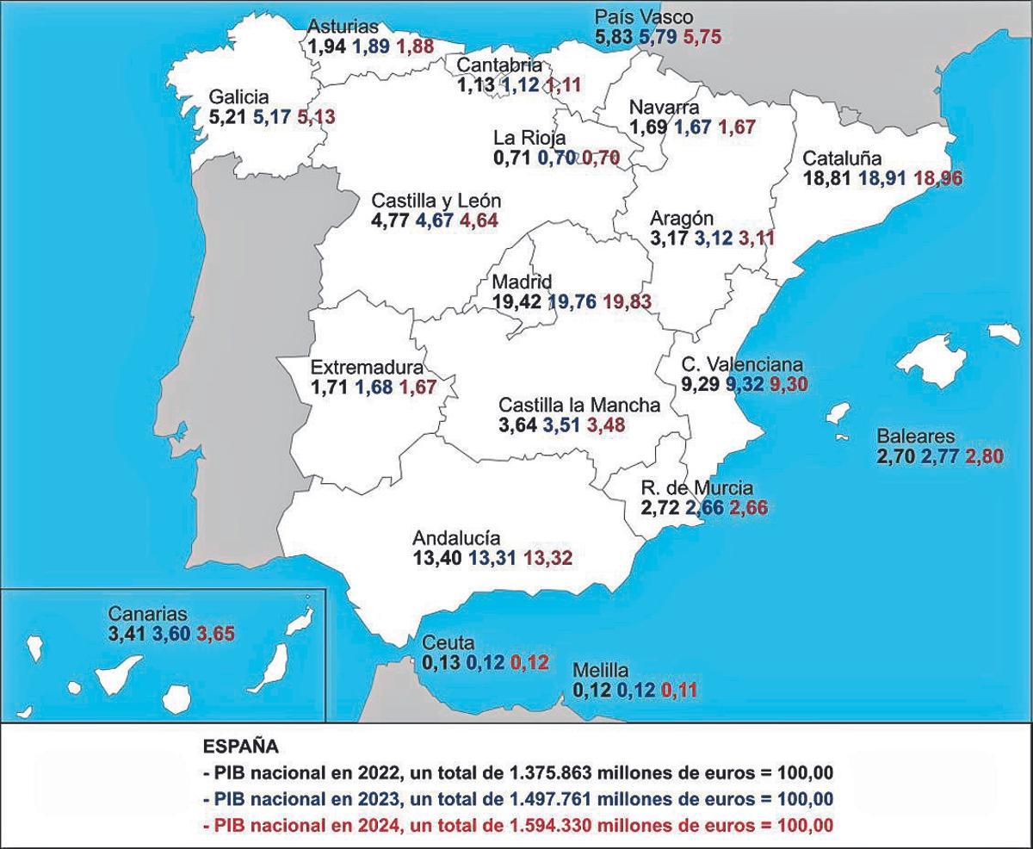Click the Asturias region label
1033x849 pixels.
pyautogui.click(x=343, y=28)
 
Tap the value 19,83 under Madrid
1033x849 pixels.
pyautogui.click(x=627, y=302)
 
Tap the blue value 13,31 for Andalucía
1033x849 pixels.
pyautogui.click(x=492, y=557)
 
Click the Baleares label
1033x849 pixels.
pyautogui.click(x=915, y=436)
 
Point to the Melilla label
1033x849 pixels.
pyautogui.click(x=603, y=671)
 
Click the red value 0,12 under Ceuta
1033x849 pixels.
pyautogui.click(x=529, y=663)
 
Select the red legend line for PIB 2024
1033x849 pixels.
pyautogui.click(x=518, y=825)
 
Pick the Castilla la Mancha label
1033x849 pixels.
pyautogui.click(x=579, y=404)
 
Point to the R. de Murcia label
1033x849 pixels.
pyautogui.click(x=697, y=488)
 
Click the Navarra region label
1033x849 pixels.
pyautogui.click(x=663, y=108)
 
